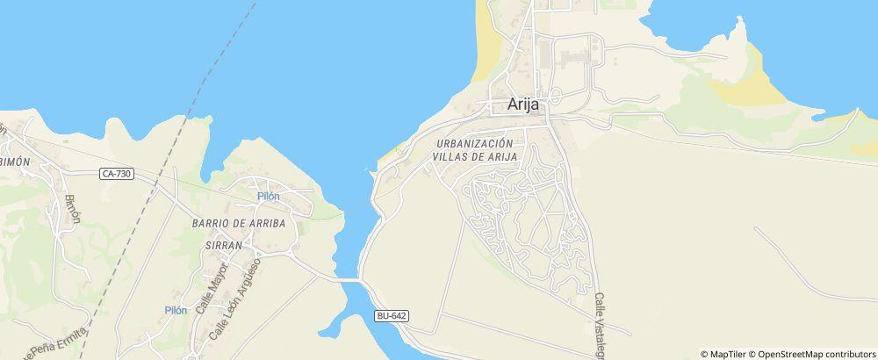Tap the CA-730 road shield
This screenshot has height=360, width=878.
pyautogui.click(x=117, y=174)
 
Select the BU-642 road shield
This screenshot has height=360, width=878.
pyautogui.click(x=391, y=315)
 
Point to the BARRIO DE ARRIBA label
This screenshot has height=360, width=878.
pyautogui.click(x=239, y=223)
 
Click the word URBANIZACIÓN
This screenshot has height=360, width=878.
pyautogui.click(x=473, y=142)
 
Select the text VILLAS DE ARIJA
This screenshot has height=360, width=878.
pyautogui.click(x=474, y=156)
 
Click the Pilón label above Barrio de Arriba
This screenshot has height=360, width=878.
pyautogui.click(x=269, y=196)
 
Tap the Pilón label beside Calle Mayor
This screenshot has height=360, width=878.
pyautogui.click(x=176, y=310)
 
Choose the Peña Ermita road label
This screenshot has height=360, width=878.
pyautogui.click(x=57, y=345)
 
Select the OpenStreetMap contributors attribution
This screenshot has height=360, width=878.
pyautogui.click(x=812, y=354)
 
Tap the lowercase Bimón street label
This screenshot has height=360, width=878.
pyautogui.click(x=72, y=208)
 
